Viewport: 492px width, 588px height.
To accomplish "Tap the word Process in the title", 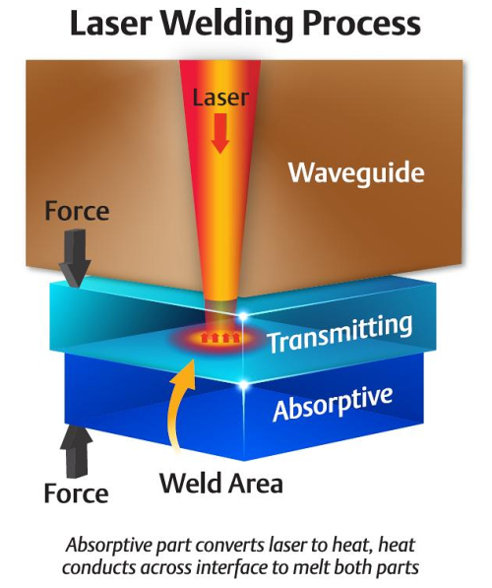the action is click(x=361, y=24).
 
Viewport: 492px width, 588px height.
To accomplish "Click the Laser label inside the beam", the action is click(x=220, y=98).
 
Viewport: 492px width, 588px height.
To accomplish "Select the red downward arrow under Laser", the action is click(x=220, y=133).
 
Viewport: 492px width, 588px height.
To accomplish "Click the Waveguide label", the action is click(x=356, y=172).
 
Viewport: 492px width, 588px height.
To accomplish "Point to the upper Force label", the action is click(x=77, y=211).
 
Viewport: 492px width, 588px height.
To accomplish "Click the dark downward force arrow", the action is click(x=75, y=258).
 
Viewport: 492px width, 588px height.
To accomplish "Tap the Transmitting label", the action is click(x=339, y=333).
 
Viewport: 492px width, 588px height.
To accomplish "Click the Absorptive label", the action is click(x=333, y=403).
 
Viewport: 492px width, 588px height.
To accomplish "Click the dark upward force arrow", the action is click(x=76, y=451).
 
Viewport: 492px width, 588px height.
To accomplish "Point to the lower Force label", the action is click(x=76, y=493).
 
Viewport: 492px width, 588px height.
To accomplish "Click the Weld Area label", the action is click(x=221, y=483).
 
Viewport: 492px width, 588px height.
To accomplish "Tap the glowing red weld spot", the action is click(x=219, y=339).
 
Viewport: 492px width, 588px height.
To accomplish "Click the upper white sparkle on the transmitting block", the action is click(x=243, y=316).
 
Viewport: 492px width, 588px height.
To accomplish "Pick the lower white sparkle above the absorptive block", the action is click(x=244, y=384).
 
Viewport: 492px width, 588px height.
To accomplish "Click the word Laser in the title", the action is click(x=111, y=24).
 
